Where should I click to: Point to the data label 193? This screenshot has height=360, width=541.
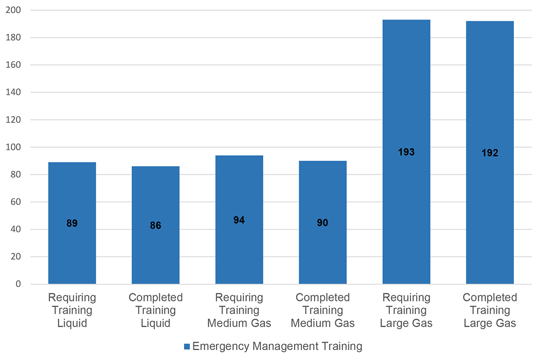pyautogui.click(x=406, y=152)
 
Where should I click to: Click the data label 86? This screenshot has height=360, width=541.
pyautogui.click(x=156, y=226)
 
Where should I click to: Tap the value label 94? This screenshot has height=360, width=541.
pyautogui.click(x=239, y=220)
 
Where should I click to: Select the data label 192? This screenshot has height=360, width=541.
pyautogui.click(x=490, y=153)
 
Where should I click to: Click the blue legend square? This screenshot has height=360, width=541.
pyautogui.click(x=187, y=346)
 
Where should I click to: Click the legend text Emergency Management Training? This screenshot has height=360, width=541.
pyautogui.click(x=277, y=346)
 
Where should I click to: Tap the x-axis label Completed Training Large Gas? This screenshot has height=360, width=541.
pyautogui.click(x=490, y=310)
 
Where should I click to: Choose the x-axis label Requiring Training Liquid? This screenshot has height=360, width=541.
pyautogui.click(x=72, y=310)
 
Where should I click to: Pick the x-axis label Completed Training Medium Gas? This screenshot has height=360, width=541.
pyautogui.click(x=323, y=310)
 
